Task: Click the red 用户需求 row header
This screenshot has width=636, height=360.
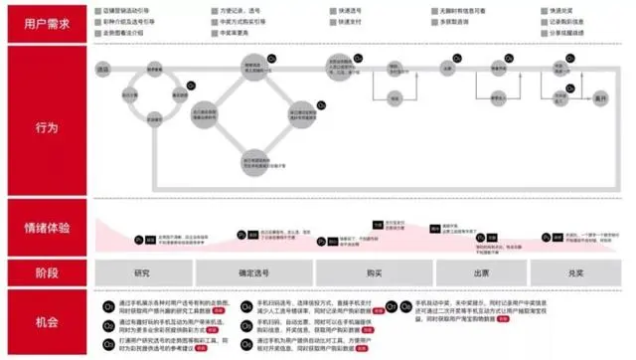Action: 46,23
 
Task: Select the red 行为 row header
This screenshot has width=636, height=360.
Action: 46,128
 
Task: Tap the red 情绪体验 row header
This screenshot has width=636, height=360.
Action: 46,227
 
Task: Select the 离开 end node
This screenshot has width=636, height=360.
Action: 599,99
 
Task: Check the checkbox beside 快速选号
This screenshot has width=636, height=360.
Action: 331,8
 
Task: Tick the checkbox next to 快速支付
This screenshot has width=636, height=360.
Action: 331,20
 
